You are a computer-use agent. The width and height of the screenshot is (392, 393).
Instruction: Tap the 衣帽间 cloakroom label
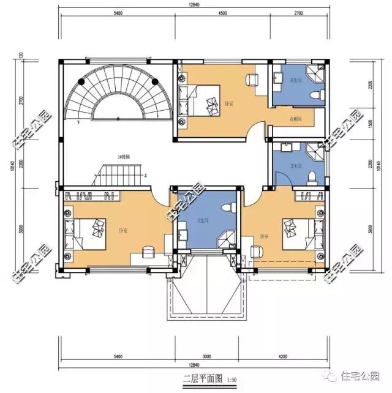click(295, 119)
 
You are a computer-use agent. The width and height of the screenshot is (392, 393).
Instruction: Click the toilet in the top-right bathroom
click(315, 95)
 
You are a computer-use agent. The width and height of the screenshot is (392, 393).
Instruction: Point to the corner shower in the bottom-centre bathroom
click(227, 239)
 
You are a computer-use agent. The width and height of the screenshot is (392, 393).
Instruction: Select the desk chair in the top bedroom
click(251, 79)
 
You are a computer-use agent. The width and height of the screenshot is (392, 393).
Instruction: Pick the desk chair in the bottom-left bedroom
click(148, 252)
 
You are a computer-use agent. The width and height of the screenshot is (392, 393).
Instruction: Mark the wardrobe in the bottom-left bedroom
click(91, 196)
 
